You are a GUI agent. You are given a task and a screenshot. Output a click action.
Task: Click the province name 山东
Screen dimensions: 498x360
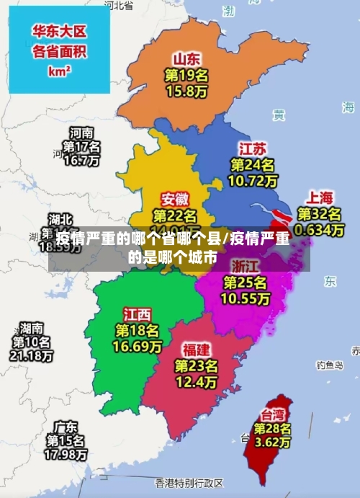pos(186,58)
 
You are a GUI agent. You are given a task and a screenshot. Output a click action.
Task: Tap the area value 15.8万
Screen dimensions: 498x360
pos(186,92)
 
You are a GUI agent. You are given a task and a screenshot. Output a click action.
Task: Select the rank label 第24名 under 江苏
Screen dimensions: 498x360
pos(252,165)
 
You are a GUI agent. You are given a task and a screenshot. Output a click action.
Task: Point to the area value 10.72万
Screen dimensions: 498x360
pos(252,181)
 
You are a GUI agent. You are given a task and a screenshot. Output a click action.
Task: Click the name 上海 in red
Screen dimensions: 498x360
pos(320,197)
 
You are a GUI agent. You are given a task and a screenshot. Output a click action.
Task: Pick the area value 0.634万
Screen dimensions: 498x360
pos(320,230)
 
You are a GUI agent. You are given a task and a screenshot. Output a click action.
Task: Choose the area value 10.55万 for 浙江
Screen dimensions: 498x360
pos(246,298)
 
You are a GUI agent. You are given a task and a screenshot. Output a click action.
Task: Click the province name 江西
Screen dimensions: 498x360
pos(137,314)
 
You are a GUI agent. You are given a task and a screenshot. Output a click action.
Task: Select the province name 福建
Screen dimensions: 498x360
pos(196,350)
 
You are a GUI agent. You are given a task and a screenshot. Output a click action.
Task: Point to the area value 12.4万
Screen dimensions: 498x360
pos(196,381)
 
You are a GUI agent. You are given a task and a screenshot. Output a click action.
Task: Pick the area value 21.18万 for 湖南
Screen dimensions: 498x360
pos(31,356)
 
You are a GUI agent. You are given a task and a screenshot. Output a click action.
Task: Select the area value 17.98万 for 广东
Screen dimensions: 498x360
pos(66,455)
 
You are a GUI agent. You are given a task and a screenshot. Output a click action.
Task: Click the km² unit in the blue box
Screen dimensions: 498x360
pos(59,71)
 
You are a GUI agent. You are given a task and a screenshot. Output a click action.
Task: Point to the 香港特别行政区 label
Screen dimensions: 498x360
pos(189,482)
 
